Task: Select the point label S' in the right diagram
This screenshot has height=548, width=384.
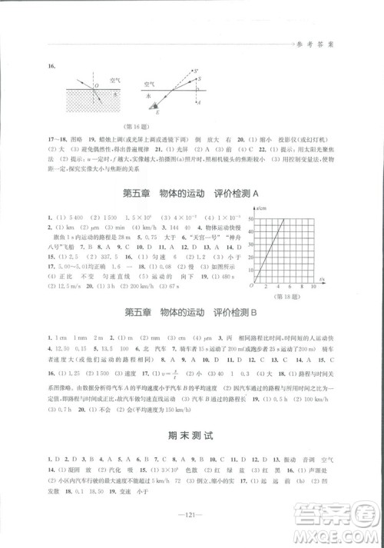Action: [x=200, y=71]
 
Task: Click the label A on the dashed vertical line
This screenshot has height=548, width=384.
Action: [x=201, y=101]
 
